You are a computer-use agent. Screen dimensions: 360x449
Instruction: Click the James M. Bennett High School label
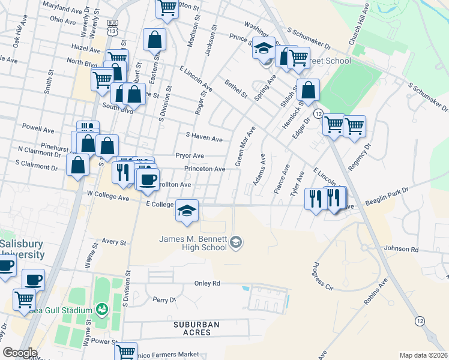[x=193, y=244]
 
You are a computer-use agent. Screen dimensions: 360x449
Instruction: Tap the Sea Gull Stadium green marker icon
[x=101, y=310]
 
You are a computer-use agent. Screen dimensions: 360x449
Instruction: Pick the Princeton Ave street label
[x=205, y=169]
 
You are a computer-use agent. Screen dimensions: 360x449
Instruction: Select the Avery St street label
[x=114, y=243]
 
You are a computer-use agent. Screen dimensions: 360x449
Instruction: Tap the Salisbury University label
[x=22, y=250]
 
